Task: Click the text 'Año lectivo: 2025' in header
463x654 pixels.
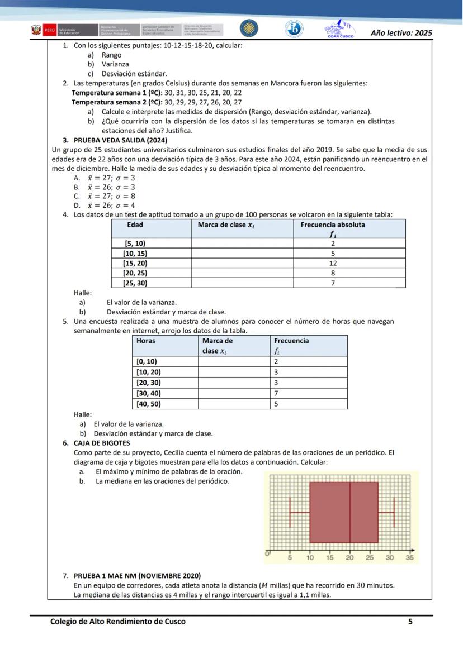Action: [401, 33]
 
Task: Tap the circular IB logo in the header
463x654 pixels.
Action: [293, 29]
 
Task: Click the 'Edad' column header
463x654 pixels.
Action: [135, 225]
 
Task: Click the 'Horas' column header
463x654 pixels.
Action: [146, 340]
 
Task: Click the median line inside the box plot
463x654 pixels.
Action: [350, 512]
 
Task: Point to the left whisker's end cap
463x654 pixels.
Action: [290, 512]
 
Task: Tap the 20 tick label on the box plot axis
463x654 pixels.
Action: [349, 557]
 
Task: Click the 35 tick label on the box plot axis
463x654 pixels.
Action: [410, 557]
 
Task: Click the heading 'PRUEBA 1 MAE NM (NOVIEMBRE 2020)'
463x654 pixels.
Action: [137, 575]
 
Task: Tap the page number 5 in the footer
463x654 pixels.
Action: [410, 621]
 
